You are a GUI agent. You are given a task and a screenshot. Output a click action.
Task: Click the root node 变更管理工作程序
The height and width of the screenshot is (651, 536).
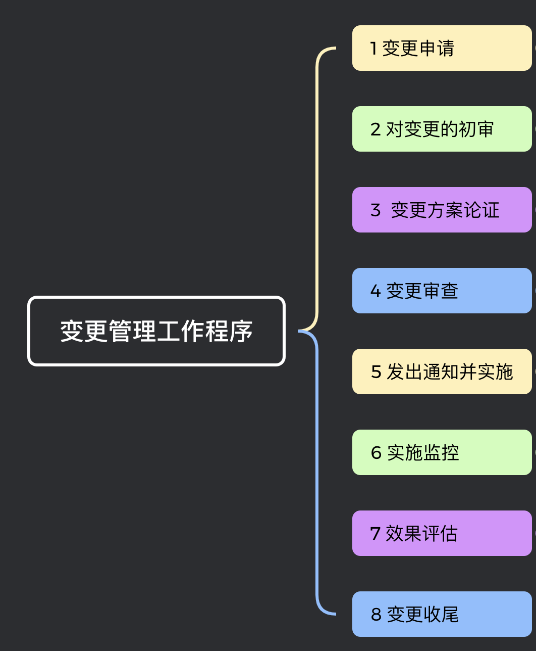point(156,331)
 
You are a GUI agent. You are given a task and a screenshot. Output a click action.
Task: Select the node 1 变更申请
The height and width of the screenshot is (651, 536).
point(442,48)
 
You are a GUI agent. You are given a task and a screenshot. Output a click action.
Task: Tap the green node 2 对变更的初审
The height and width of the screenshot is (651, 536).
point(442,129)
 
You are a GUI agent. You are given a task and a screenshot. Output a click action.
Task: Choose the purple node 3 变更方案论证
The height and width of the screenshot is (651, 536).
point(442,210)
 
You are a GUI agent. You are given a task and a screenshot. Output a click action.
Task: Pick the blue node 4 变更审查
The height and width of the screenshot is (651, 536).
point(442,291)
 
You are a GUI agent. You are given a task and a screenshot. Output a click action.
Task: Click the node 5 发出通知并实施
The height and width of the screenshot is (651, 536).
point(442,371)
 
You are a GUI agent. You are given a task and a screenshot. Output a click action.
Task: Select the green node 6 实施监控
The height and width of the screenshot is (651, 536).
point(442,452)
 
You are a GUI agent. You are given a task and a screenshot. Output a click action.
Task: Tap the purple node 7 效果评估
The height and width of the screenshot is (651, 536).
point(442,533)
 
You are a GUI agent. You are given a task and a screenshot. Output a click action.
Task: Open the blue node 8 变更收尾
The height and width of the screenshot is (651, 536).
point(442,614)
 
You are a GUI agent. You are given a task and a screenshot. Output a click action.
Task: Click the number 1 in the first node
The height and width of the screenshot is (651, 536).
point(373,49)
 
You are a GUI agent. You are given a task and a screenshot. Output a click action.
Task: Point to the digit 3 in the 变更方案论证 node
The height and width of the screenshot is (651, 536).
point(376,210)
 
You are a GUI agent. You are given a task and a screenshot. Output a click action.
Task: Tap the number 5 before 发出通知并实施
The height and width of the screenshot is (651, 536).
point(376,372)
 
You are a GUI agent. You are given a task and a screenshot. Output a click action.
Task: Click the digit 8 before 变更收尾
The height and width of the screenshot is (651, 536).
point(376,615)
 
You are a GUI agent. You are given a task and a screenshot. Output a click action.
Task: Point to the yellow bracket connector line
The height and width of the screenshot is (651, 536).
point(317,192)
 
